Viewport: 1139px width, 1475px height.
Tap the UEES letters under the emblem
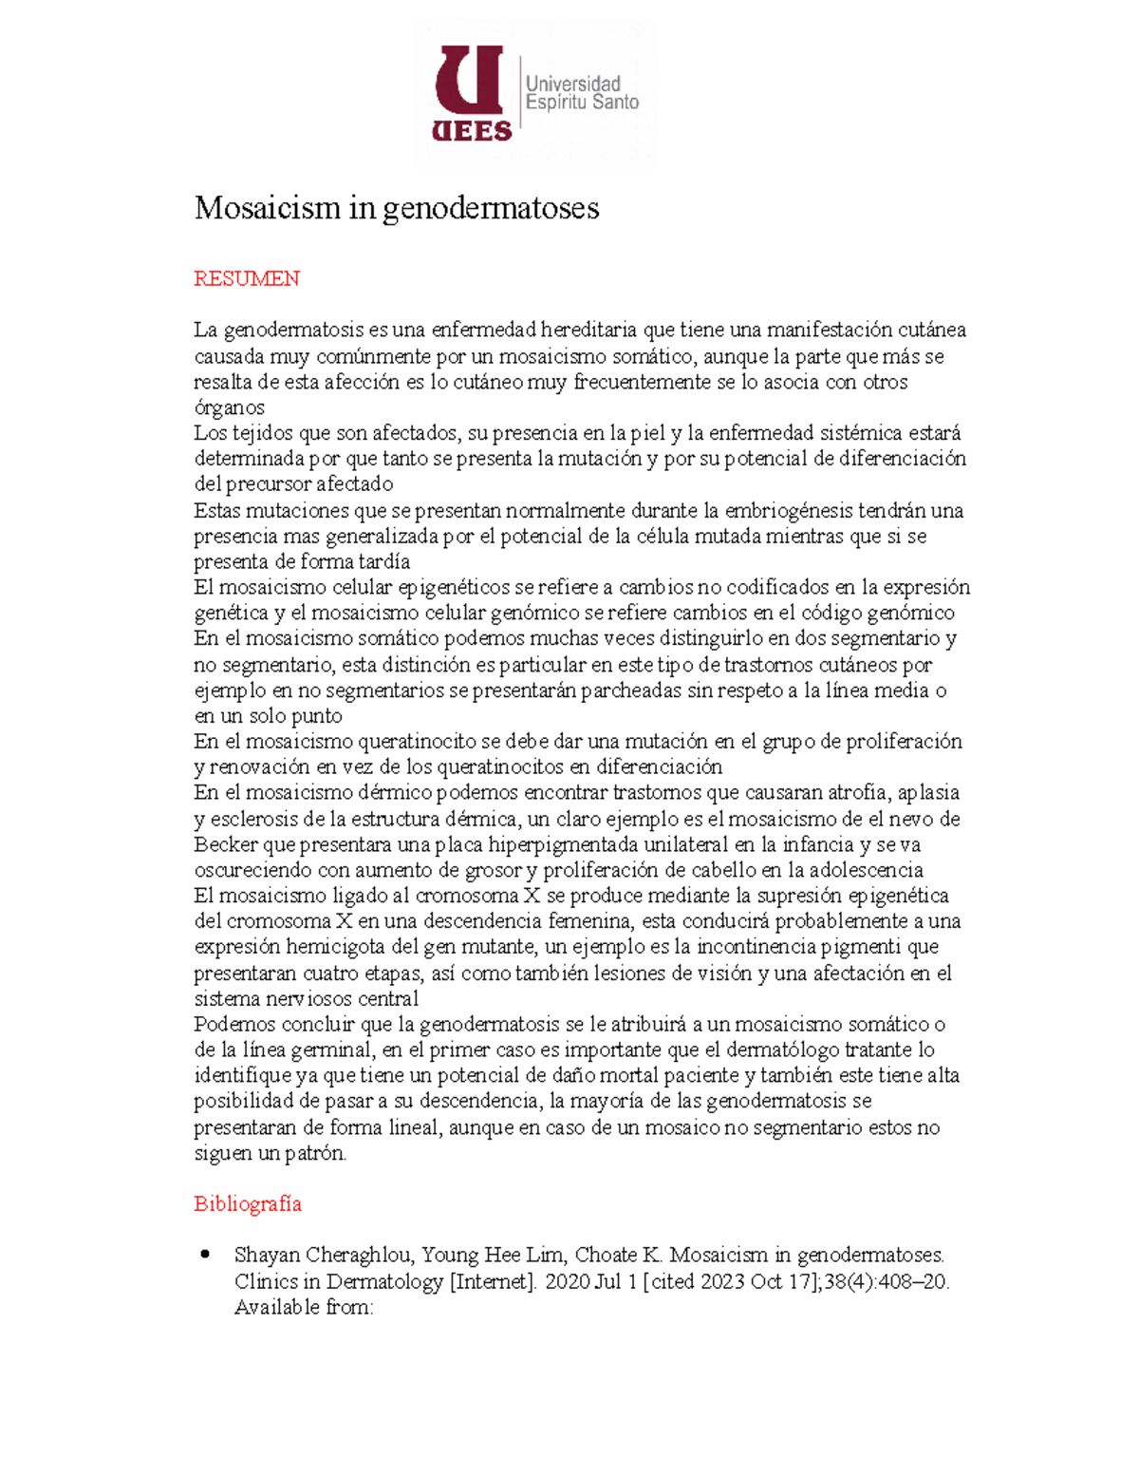tap(472, 131)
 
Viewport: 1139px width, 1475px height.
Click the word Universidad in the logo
tap(573, 84)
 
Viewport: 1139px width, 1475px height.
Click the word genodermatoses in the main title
tap(491, 208)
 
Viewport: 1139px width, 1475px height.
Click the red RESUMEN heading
tap(247, 278)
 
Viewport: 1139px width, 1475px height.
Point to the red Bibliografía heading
tap(248, 1203)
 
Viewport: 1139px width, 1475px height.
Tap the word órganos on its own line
tap(230, 407)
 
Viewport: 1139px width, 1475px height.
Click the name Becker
tap(226, 844)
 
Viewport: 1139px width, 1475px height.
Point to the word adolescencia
tap(862, 870)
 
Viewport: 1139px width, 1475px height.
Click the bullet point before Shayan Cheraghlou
tap(205, 1255)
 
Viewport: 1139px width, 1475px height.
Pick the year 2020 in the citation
tap(567, 1281)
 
